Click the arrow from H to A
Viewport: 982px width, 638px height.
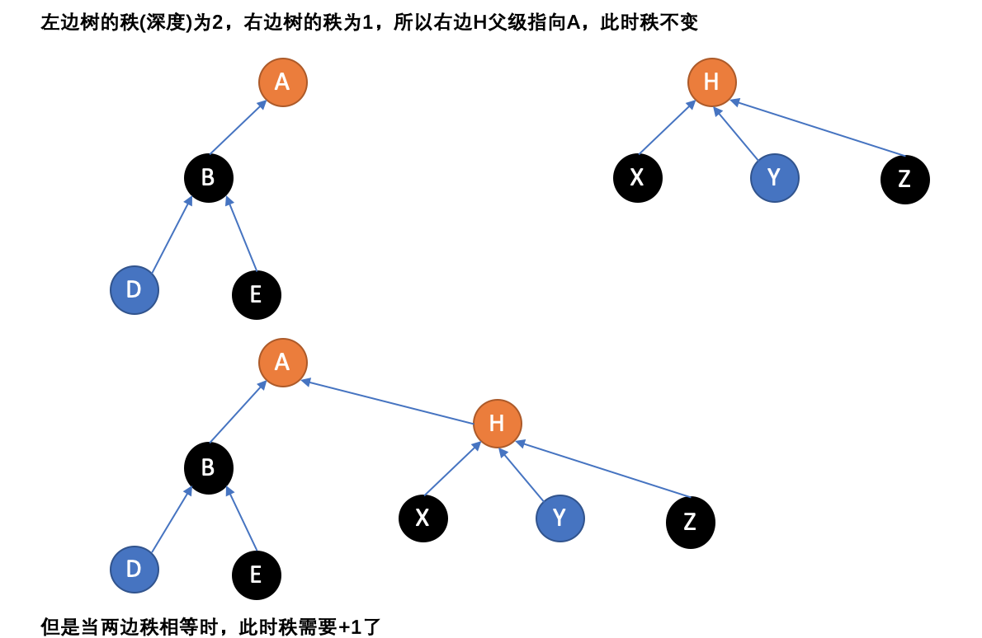point(388,402)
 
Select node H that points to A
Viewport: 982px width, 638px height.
point(497,424)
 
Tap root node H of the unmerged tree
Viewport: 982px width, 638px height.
point(711,82)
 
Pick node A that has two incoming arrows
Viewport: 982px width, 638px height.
point(282,363)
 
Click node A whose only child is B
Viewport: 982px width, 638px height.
point(282,82)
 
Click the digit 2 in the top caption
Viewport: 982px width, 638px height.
point(218,22)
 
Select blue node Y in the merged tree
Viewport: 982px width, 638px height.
point(559,518)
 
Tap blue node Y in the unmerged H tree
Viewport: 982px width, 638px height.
point(774,178)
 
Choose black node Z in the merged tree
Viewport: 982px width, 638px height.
point(690,522)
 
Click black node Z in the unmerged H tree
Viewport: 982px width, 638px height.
point(904,179)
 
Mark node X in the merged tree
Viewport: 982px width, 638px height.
point(423,518)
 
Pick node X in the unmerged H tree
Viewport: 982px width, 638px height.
point(637,178)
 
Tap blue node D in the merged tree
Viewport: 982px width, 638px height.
point(134,570)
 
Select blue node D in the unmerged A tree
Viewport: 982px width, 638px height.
point(134,290)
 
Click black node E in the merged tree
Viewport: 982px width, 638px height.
point(256,575)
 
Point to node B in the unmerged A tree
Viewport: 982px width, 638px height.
point(208,178)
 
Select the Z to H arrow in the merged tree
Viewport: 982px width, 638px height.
point(602,470)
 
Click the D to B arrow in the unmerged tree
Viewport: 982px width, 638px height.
point(172,235)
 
